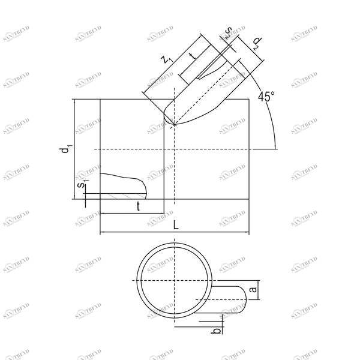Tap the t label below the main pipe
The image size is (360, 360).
[139, 206]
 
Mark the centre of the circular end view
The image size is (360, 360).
[174, 281]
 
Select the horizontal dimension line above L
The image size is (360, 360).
[174, 232]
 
